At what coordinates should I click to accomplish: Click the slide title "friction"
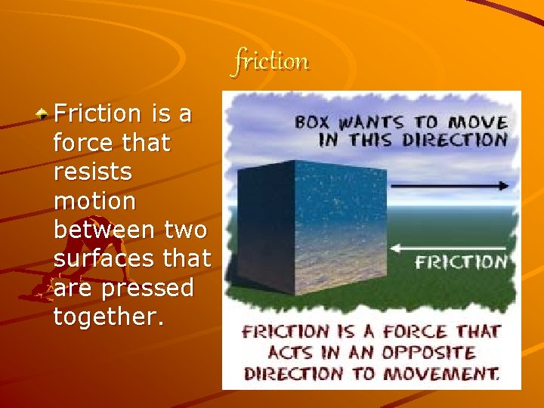click(x=271, y=60)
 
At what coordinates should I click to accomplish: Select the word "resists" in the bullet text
click(x=93, y=172)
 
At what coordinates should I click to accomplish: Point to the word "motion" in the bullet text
click(x=95, y=201)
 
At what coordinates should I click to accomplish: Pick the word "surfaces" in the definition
click(x=98, y=259)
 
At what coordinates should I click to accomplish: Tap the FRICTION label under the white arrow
click(x=461, y=263)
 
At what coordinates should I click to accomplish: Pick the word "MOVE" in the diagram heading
click(x=479, y=122)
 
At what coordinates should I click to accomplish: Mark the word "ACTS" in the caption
click(x=293, y=352)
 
